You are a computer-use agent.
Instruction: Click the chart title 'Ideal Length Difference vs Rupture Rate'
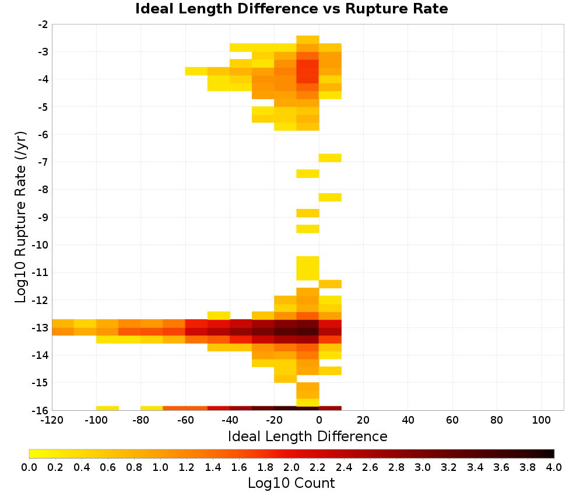[x=291, y=9]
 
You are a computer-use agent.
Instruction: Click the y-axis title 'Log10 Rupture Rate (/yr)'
[x=21, y=217]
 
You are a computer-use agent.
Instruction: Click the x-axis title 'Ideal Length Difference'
[x=307, y=436]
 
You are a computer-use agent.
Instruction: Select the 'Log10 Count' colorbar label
[x=291, y=483]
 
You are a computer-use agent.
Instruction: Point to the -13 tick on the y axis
[x=43, y=328]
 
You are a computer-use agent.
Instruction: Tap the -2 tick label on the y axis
[x=43, y=25]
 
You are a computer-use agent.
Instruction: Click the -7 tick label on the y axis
[x=43, y=162]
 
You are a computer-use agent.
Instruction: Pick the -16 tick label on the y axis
[x=43, y=410]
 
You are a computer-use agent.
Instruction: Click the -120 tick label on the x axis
[x=52, y=420]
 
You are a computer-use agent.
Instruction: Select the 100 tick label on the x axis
[x=541, y=420]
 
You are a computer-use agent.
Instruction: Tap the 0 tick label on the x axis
[x=319, y=420]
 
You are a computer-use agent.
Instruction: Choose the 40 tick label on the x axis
[x=408, y=420]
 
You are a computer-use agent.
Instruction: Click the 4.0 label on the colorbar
[x=554, y=467]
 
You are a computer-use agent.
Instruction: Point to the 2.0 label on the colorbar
[x=291, y=467]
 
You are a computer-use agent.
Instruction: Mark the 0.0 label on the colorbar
[x=29, y=467]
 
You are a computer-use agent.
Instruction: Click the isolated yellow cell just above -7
[x=330, y=158]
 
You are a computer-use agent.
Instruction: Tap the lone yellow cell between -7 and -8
[x=308, y=173]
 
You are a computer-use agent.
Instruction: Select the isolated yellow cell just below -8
[x=330, y=197]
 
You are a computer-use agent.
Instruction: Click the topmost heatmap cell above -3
[x=308, y=40]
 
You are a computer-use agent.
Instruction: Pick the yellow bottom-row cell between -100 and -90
[x=107, y=408]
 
